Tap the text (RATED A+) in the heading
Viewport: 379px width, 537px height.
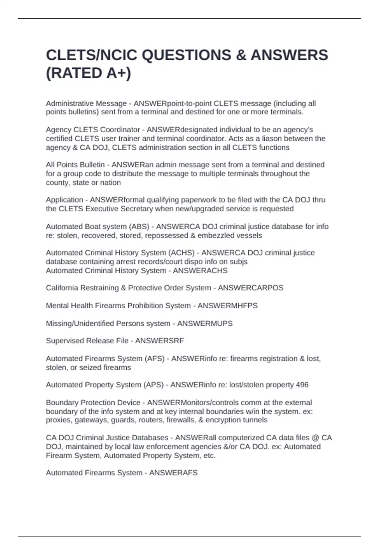pos(88,73)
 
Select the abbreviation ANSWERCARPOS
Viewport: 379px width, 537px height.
pos(251,288)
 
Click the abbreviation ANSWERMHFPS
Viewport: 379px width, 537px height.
pos(227,306)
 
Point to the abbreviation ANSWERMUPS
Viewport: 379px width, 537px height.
pos(205,324)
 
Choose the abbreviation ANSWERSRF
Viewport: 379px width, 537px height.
pos(159,341)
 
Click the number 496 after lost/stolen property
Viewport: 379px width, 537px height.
pos(302,385)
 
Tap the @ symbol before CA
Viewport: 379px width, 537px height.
pos(315,438)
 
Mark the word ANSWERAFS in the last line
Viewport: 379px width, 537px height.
pos(173,473)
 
